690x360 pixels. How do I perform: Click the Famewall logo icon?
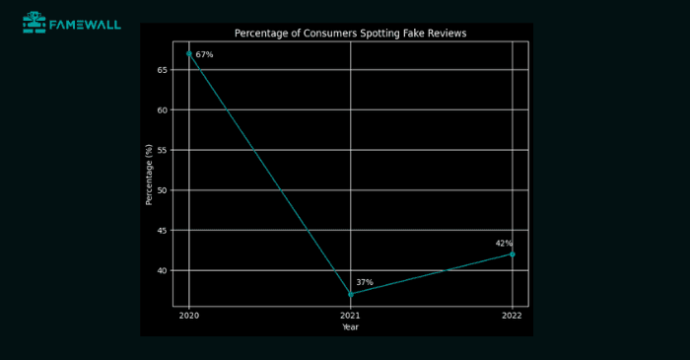(x=34, y=22)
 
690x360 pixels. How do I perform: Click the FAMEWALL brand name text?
(x=86, y=23)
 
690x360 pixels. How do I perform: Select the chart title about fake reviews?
(x=350, y=34)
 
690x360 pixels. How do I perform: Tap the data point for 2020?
(x=189, y=53)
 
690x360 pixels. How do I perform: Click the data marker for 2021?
(x=351, y=294)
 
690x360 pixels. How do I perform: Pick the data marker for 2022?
(x=512, y=254)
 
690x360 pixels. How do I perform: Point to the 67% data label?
(x=204, y=55)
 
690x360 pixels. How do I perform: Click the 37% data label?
(x=365, y=283)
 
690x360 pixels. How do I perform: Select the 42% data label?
(x=504, y=244)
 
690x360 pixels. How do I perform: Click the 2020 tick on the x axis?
(x=189, y=316)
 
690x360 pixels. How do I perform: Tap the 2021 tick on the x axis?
(x=351, y=316)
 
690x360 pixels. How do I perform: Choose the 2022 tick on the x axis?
(x=512, y=316)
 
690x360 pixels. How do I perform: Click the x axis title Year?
(x=351, y=326)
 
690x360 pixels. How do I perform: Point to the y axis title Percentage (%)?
(x=150, y=175)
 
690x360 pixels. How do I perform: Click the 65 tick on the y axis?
(x=163, y=70)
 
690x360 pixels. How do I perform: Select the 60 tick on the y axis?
(x=163, y=110)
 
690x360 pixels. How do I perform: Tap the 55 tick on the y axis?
(x=163, y=150)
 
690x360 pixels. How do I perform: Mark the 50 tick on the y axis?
(x=163, y=190)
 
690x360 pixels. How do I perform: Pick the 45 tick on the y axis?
(x=163, y=231)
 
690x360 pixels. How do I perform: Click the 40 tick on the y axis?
(x=163, y=270)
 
